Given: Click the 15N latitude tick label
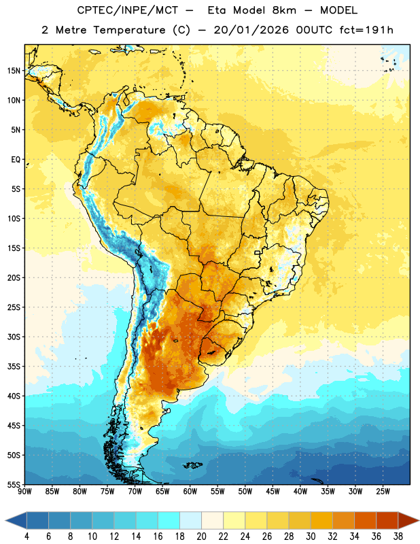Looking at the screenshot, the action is coord(14,71).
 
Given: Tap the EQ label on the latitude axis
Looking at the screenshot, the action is coord(16,160).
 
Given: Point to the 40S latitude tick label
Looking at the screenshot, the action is coord(14,396).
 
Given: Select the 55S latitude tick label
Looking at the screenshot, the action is coord(14,484).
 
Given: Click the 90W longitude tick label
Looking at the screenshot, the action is coord(24,492).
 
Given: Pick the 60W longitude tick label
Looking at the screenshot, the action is coord(190,492).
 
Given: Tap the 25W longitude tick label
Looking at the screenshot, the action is coord(383,492).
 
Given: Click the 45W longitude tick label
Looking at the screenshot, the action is coord(273,492).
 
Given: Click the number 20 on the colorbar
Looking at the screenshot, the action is coord(201,537).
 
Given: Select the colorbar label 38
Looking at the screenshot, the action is coord(398,537).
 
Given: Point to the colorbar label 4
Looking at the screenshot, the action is coord(27,537).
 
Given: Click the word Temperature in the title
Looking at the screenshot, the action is coord(129,30).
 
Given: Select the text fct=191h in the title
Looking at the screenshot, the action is coord(366,30).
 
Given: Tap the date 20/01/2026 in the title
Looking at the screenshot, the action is coord(251,30).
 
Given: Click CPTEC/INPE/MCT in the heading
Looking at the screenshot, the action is coord(128,10).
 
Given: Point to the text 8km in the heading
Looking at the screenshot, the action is coord(284,10).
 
